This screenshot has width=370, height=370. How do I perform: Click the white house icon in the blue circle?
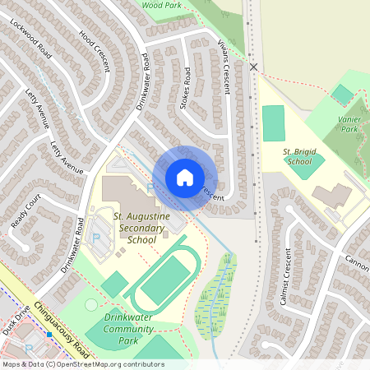point(184,178)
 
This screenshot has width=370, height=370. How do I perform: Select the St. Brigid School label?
point(298,156)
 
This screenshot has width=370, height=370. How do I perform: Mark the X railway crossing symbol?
point(254,67)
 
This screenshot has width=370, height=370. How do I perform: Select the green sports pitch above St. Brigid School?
point(272,123)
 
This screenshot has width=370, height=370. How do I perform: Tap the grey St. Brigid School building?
point(331,196)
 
